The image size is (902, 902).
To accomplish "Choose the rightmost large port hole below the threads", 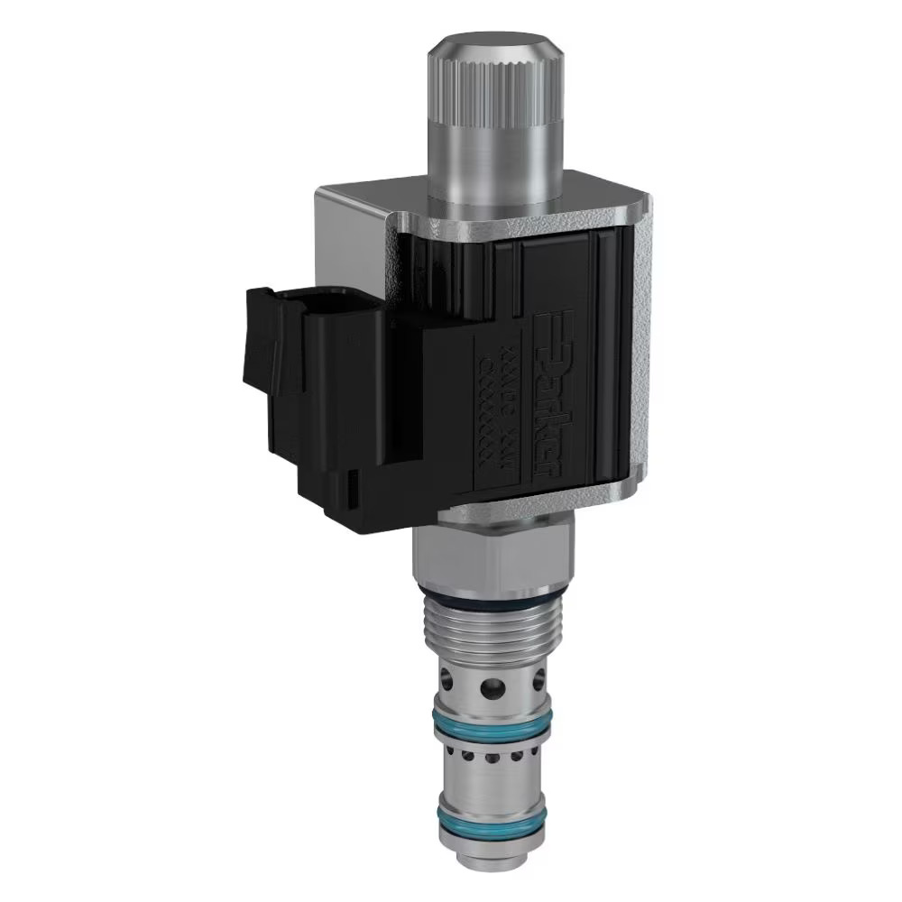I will point(539,678).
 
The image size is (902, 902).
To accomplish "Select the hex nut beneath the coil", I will point(492,555).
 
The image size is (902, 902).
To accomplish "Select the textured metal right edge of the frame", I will point(639,361).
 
